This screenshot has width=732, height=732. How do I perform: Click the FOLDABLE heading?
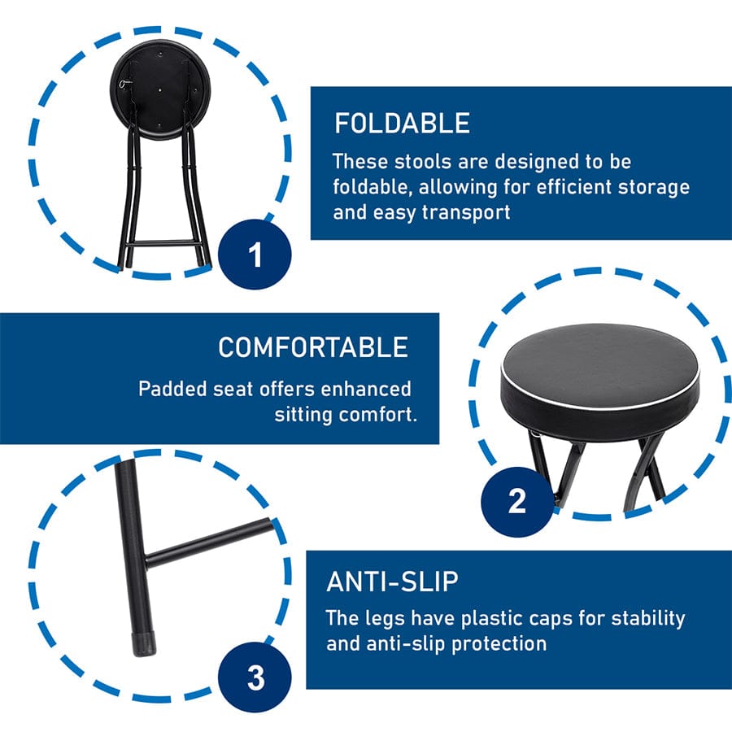tap(402, 124)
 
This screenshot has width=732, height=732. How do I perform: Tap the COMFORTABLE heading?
tap(313, 347)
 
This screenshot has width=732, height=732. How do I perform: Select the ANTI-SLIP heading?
tap(392, 582)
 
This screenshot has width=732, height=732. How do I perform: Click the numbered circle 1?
tap(255, 255)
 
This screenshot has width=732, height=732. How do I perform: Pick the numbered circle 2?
tap(517, 501)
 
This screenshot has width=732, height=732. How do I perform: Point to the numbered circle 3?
tap(255, 677)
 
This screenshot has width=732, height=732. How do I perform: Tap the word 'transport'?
tap(466, 213)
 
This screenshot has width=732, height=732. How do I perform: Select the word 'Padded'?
tap(172, 389)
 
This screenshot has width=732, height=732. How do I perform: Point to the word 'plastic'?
tap(494, 619)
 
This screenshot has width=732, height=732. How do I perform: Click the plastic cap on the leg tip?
tap(143, 644)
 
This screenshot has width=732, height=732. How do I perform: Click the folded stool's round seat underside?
tap(160, 89)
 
